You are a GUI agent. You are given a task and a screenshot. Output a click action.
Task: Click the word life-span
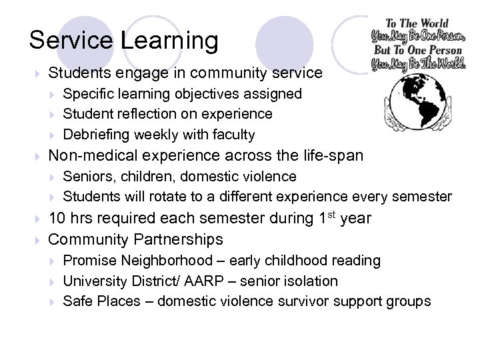pyautogui.click(x=327, y=156)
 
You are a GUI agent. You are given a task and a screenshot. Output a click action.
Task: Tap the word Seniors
pyautogui.click(x=85, y=177)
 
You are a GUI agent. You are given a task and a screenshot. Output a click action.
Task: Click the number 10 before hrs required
pyautogui.click(x=58, y=218)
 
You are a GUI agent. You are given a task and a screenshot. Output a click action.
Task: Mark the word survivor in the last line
pyautogui.click(x=303, y=302)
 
